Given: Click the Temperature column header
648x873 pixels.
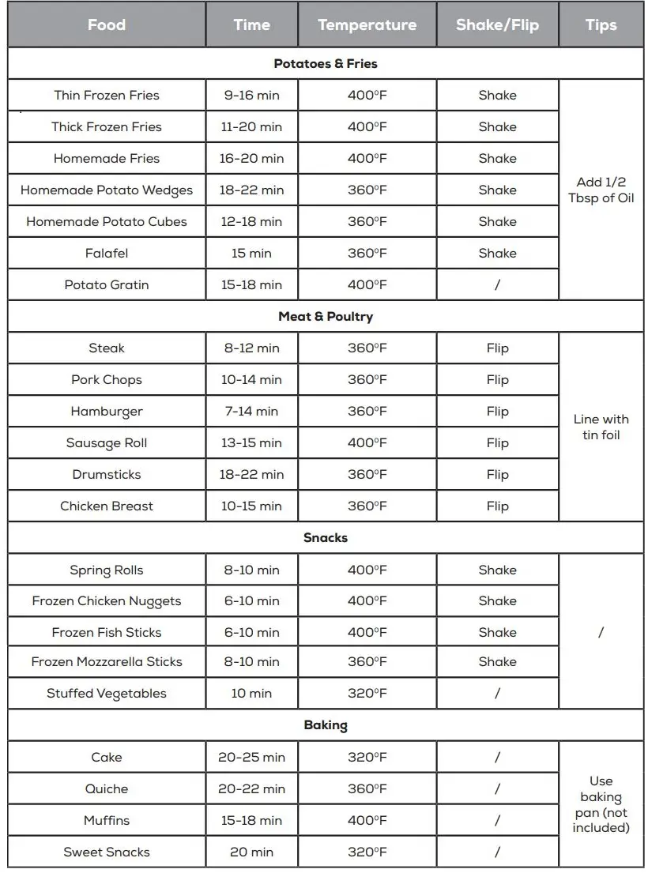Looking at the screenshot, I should [367, 24].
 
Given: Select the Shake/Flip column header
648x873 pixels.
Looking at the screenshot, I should [497, 24].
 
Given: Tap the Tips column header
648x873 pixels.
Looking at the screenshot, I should [601, 24].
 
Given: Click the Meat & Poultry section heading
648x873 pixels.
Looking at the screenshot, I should [326, 316].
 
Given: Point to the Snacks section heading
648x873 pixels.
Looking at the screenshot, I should [326, 537].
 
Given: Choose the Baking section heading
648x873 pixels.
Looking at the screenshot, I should [326, 724].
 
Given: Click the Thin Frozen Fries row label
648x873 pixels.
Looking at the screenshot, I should [107, 95].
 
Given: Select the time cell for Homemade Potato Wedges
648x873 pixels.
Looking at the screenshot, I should [251, 190].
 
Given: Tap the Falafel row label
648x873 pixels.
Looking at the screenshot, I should [107, 253].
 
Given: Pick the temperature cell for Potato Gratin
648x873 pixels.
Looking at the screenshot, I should [367, 284].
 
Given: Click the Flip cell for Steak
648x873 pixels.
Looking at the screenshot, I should [497, 348].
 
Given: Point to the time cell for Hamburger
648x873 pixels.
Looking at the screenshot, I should [251, 411].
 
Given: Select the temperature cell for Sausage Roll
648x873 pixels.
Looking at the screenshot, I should [367, 442].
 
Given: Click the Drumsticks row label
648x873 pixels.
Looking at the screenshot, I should [107, 474].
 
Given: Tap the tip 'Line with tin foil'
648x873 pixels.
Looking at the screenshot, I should [601, 427].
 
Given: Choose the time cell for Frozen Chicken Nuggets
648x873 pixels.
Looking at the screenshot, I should [251, 600].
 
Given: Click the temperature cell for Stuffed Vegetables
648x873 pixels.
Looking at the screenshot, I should [367, 693].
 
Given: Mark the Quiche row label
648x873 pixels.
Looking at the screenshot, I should [107, 788].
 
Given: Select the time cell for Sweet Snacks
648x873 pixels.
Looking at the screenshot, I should [251, 852].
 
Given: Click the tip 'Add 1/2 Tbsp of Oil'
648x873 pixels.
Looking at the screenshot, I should [601, 190].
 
